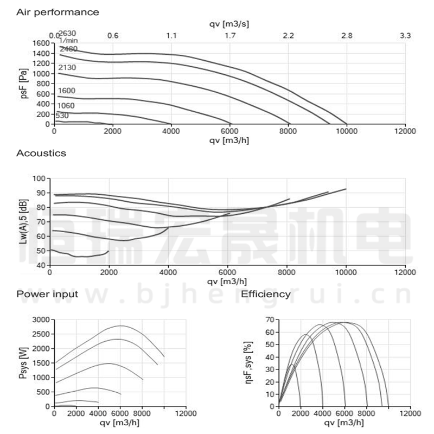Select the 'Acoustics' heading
[x=41, y=153]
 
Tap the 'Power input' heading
[x=47, y=294]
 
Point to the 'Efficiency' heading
[x=266, y=294]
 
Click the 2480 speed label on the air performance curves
[x=68, y=49]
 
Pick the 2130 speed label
[x=67, y=67]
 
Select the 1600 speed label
[x=66, y=91]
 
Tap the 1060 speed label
[x=66, y=105]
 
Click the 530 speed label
[x=61, y=115]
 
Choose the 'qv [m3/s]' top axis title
[x=229, y=24]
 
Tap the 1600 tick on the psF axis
[x=40, y=43]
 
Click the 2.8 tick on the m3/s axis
[x=347, y=36]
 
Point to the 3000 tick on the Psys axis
[x=41, y=320]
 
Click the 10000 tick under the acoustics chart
[x=346, y=273]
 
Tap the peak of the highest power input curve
[x=120, y=325]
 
